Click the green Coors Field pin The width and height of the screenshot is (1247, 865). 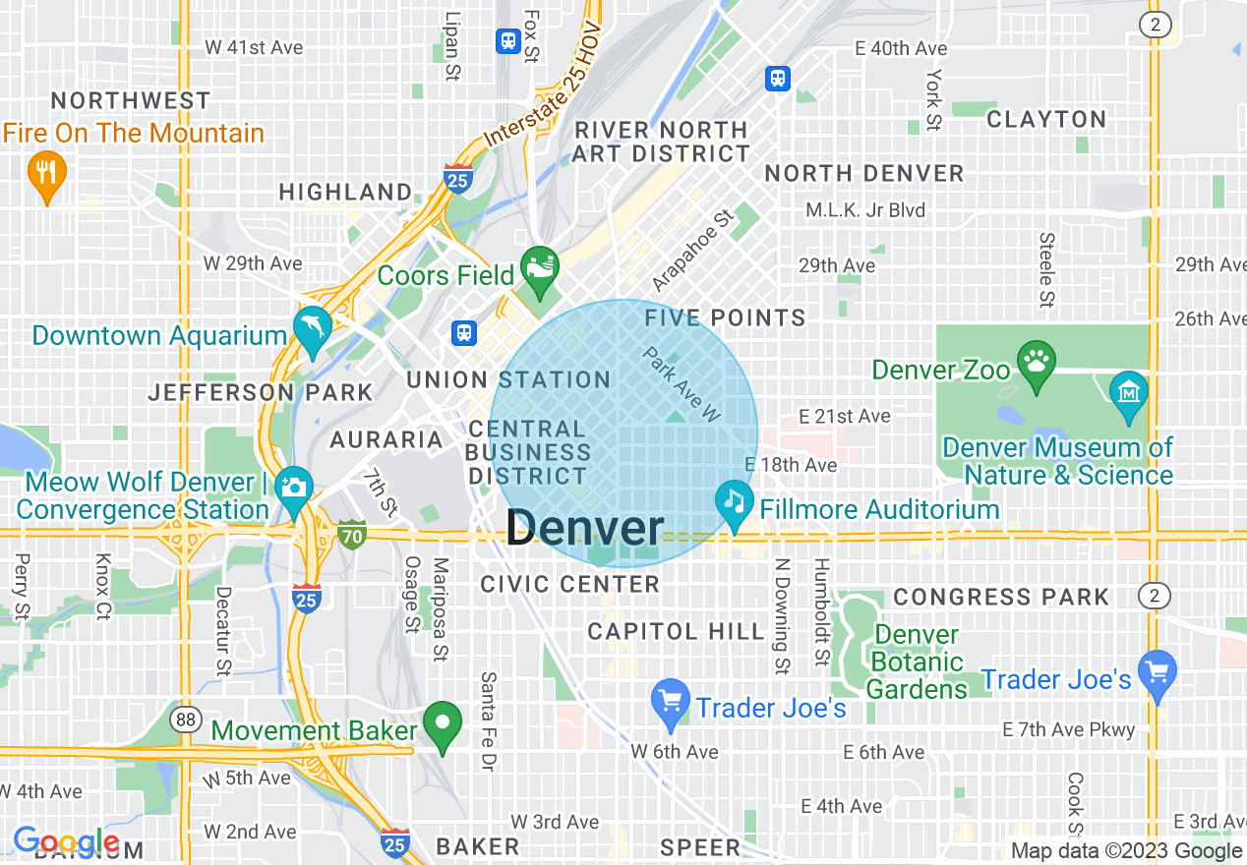tap(539, 270)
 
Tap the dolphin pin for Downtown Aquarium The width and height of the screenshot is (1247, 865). tap(312, 331)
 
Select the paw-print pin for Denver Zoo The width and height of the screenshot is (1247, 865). tap(1037, 364)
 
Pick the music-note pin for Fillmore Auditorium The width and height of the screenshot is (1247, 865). tap(734, 503)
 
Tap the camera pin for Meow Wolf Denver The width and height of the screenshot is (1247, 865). tap(293, 490)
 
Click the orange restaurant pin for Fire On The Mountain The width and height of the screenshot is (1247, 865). tap(46, 173)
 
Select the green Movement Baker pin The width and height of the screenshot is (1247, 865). tap(443, 725)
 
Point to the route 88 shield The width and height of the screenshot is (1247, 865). tap(185, 720)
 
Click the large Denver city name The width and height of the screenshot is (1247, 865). tap(585, 528)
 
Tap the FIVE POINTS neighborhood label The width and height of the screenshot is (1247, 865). tap(725, 317)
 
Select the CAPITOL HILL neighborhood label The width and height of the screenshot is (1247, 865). tap(676, 631)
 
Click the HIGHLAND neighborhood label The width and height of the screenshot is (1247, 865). tap(345, 192)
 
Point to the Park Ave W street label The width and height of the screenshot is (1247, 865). tap(683, 384)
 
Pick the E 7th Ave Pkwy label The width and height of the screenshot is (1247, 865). tap(1068, 729)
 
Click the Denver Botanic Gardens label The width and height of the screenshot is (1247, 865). tap(917, 662)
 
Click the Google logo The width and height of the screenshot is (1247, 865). tap(66, 841)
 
